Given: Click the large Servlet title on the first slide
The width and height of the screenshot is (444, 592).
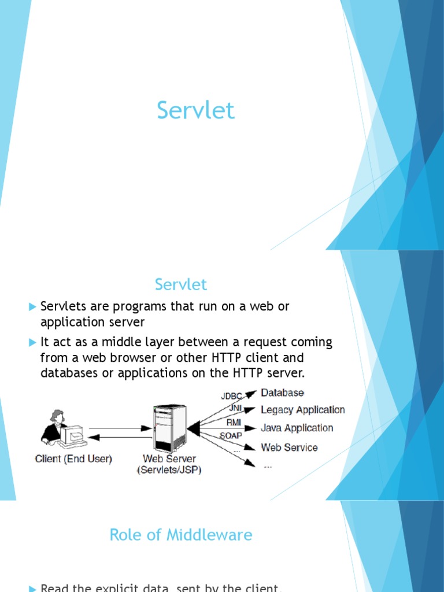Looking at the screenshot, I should click(196, 110).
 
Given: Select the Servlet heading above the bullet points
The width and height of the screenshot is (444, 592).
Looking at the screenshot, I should click(181, 284).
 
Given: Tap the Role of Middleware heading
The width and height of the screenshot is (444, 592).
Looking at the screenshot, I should click(181, 535).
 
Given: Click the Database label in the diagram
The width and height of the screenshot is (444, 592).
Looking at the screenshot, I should click(282, 393).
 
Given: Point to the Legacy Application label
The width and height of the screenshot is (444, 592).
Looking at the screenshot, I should click(303, 410).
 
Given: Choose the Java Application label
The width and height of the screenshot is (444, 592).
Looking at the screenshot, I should click(297, 428).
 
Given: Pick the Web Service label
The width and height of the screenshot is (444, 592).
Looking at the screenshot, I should click(289, 447).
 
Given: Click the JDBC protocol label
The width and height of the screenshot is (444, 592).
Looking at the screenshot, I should click(231, 397).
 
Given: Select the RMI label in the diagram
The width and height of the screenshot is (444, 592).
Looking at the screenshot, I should click(234, 423).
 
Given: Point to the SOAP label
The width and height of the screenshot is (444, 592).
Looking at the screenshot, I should click(231, 435).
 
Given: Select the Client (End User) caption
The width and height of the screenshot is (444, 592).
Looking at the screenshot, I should click(73, 459).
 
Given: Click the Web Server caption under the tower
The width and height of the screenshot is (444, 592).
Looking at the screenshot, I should click(169, 459).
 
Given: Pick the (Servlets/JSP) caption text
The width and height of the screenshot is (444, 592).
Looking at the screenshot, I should click(169, 470).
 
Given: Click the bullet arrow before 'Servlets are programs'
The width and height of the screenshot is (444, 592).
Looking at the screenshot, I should click(32, 306).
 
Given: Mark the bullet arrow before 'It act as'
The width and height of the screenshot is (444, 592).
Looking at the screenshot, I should click(32, 342).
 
